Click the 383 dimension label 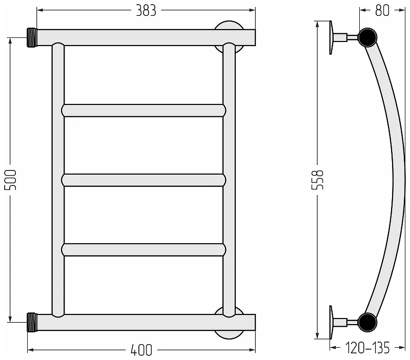click(146, 11)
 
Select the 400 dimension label click(141, 350)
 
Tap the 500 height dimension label click(11, 180)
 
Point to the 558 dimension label click(318, 180)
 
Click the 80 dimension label click(382, 11)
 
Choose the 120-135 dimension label click(367, 348)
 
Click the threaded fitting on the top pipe click(32, 37)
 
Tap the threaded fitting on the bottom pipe click(32, 323)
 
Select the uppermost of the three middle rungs click(143, 111)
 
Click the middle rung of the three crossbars click(143, 180)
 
